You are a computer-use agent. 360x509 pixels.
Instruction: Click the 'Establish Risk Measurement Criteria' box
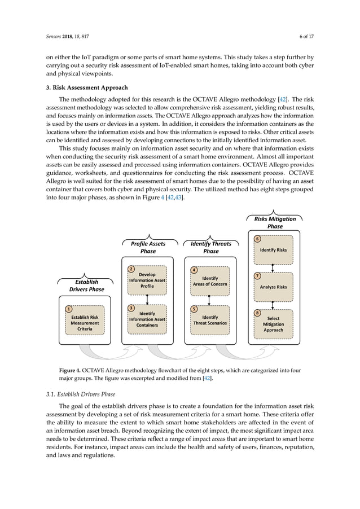(x=85, y=322)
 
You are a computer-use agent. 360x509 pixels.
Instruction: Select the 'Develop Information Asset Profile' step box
(x=147, y=280)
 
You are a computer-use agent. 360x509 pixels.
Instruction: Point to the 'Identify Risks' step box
(x=274, y=250)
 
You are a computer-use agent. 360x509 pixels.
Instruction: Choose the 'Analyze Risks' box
(x=274, y=287)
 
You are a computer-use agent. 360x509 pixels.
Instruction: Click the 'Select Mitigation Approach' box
(x=274, y=324)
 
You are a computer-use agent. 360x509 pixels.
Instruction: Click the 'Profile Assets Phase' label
(x=148, y=247)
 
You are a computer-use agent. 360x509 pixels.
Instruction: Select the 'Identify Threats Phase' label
(x=211, y=247)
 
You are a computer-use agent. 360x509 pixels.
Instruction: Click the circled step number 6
(x=257, y=239)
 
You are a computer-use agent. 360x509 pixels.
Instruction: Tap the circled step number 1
(x=68, y=309)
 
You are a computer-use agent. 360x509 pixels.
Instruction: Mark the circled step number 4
(x=194, y=270)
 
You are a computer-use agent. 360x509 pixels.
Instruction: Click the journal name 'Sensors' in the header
(x=55, y=36)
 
